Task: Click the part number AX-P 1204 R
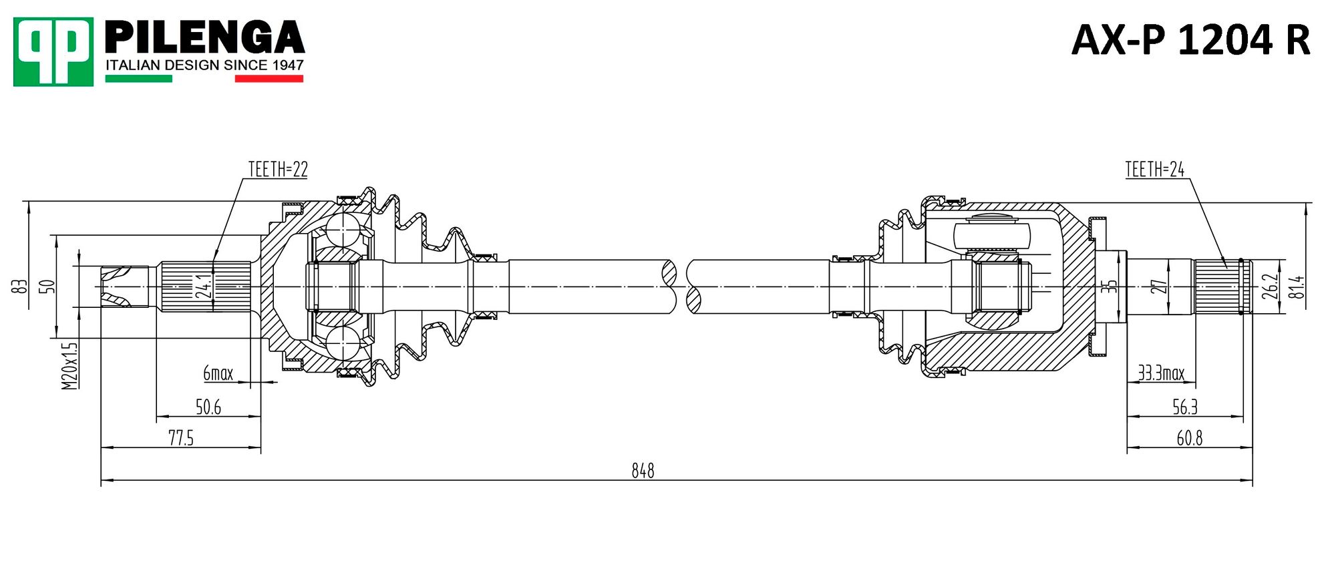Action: pos(1190,40)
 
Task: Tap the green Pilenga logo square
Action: pos(53,51)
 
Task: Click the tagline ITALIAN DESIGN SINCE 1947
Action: pos(204,65)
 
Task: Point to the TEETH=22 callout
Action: pos(278,170)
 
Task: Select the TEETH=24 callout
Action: pos(1154,170)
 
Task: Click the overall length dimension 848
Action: pos(643,471)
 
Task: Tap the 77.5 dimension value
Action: pos(181,438)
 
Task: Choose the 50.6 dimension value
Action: pos(208,407)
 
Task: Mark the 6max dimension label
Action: pos(218,373)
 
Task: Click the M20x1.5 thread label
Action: pos(69,366)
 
